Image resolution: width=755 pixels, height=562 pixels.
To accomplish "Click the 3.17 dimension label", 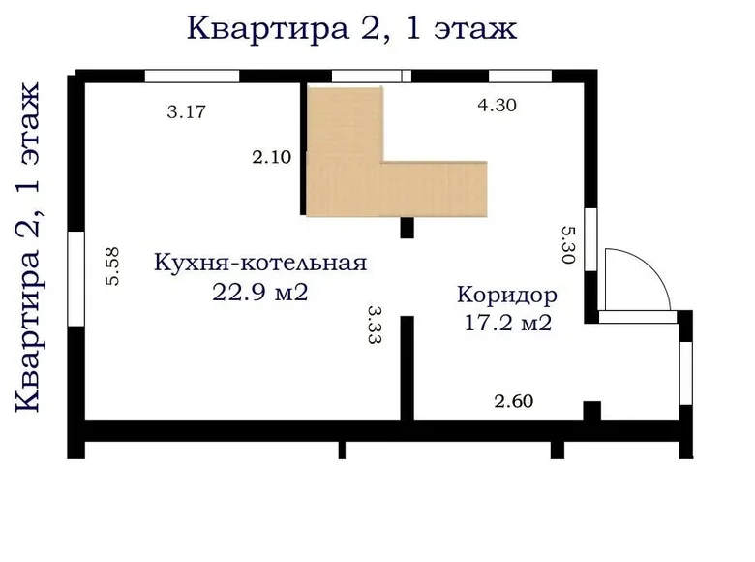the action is tap(187, 111).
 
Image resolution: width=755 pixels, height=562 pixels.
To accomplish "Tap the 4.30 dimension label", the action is tap(497, 105).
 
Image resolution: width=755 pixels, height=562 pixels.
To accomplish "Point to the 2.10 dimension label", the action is tap(272, 157).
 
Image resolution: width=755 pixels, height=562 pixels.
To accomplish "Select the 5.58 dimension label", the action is tap(112, 266).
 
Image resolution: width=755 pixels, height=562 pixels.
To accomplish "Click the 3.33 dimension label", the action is tap(375, 324).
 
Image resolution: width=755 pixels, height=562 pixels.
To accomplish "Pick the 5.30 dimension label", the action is tap(568, 245).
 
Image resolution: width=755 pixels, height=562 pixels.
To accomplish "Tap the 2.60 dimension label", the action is tap(514, 401).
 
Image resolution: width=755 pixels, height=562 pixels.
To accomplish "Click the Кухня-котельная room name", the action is tap(260, 264).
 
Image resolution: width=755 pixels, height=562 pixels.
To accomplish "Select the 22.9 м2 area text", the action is tap(260, 292).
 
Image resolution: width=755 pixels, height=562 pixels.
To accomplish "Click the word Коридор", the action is tap(507, 295).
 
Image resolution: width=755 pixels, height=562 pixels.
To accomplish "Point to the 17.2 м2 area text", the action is tap(508, 323).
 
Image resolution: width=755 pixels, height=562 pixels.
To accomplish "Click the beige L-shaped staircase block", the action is tap(397, 189).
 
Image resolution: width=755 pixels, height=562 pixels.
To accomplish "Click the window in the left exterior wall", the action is tap(76, 279).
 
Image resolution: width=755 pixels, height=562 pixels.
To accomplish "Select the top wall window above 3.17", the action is tap(192, 77).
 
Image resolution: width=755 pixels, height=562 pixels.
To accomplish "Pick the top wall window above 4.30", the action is tap(520, 77).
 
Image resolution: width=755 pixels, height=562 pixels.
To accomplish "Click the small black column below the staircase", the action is tap(407, 228).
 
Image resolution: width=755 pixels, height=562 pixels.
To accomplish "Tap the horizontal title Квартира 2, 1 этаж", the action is tap(352, 28).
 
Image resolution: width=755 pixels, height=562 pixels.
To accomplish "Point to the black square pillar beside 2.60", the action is tap(592, 411).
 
